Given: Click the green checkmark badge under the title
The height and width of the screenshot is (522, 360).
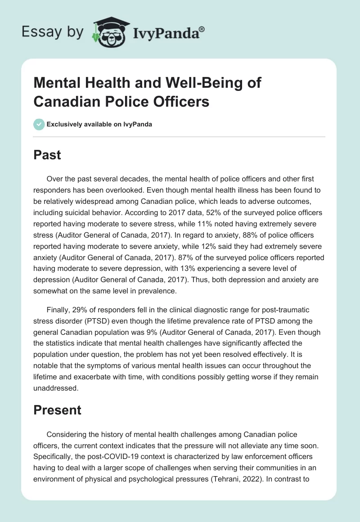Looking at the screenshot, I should (x=40, y=124).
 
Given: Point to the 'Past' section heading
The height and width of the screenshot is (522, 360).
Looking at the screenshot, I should (x=48, y=155).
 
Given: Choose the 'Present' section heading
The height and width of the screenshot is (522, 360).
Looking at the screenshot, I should (x=58, y=410).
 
